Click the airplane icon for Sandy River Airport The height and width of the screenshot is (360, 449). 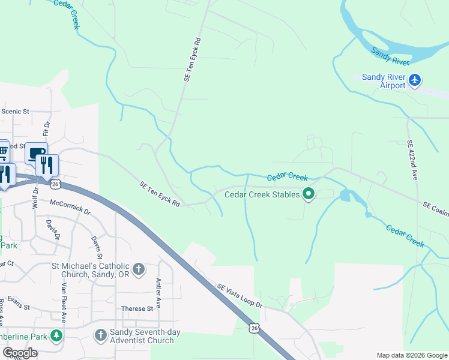415,80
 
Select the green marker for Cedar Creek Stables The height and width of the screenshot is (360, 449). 309,194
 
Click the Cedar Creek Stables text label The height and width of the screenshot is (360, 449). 262,194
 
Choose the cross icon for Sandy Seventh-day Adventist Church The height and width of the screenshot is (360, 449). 100,334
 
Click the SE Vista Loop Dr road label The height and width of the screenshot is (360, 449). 240,296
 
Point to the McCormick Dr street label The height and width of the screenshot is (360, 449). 70,208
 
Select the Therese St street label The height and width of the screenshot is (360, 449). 137,309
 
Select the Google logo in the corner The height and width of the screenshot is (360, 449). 19,353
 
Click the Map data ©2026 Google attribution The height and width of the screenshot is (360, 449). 412,355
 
